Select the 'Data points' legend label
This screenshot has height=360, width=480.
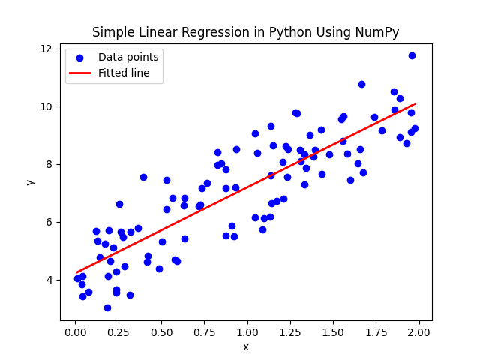point(128,57)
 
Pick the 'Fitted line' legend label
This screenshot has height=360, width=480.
point(124,73)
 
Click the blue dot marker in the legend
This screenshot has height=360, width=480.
point(82,57)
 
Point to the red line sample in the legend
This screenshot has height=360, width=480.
point(82,73)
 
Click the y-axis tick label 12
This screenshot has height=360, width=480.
point(46,49)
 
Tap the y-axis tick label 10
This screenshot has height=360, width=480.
point(46,106)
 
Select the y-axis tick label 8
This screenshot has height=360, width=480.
point(49,164)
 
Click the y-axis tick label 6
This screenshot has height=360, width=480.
point(49,222)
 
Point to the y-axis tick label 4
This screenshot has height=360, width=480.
point(49,280)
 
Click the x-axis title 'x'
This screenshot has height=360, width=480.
point(246,346)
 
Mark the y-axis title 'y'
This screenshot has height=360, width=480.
point(30,181)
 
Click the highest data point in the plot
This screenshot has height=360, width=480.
point(412,55)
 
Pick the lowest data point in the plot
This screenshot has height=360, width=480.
point(107,307)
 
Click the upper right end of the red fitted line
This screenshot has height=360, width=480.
point(415,103)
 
